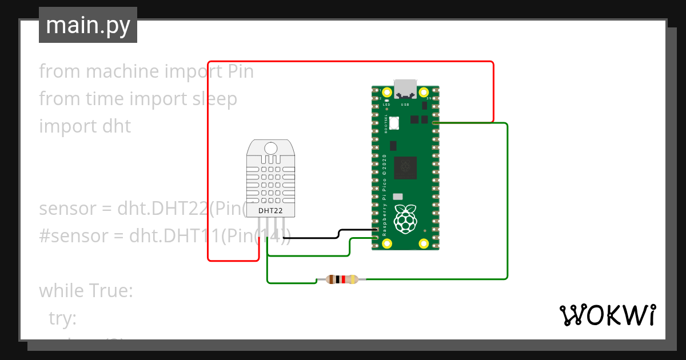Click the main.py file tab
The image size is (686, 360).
coord(87,25)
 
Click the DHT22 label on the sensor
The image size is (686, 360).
coord(270,211)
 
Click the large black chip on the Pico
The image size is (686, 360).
coord(405,166)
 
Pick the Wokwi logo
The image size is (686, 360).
coord(607,315)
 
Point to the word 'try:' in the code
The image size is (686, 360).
coord(62,318)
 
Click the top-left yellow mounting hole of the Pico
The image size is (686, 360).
coord(387,92)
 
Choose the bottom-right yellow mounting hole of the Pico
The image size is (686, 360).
coord(424,243)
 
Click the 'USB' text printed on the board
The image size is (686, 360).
coord(405,105)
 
